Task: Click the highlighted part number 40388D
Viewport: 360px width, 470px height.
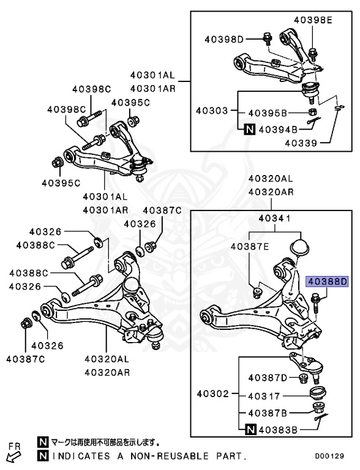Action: (x=327, y=282)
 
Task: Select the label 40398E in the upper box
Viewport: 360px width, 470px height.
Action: (x=312, y=20)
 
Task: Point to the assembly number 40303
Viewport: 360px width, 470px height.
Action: (x=212, y=111)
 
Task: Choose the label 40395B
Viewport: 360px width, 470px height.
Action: (x=268, y=113)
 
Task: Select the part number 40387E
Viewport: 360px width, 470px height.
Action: (x=250, y=246)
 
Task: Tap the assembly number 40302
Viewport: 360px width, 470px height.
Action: (x=212, y=394)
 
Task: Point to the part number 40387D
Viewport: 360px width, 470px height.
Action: (x=268, y=378)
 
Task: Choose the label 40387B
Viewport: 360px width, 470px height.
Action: (x=268, y=413)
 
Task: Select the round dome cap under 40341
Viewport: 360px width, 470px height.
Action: (x=299, y=247)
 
